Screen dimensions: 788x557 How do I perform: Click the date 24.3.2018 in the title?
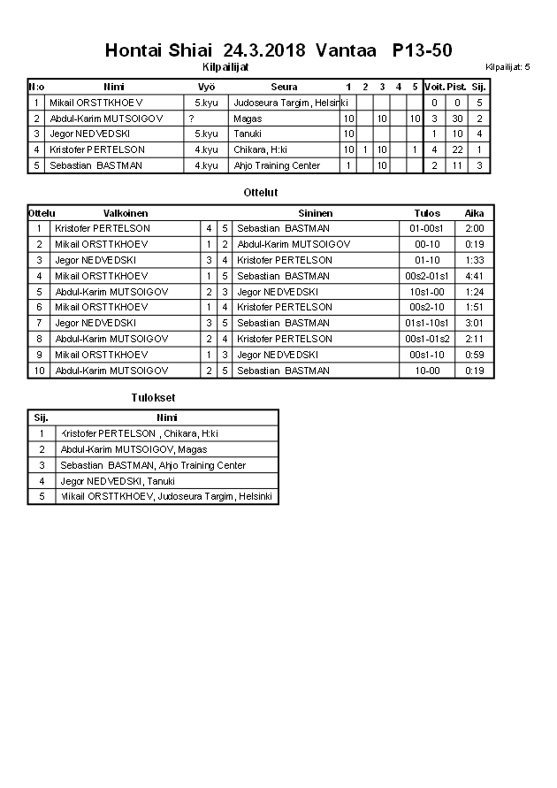coord(264,50)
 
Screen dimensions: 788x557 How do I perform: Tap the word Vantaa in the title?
coord(346,50)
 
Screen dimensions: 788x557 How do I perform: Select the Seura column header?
coord(284,87)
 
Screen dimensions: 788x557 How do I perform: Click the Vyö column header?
coord(206,87)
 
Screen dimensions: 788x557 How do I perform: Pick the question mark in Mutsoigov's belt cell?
coord(191,119)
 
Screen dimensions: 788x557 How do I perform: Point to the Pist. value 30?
coord(457,119)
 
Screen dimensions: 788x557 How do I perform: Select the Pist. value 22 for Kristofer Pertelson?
coord(457,150)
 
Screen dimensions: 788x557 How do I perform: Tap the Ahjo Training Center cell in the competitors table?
coord(277,166)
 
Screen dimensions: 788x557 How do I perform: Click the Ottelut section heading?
coord(260,192)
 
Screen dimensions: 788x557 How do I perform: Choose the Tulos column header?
coord(427,213)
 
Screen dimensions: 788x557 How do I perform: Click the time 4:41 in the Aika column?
coord(475,276)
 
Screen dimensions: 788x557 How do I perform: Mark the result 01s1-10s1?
coord(427,323)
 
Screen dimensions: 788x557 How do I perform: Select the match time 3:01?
coord(475,323)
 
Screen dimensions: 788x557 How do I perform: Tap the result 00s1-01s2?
coord(427,339)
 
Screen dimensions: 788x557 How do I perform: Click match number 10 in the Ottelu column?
coord(39,371)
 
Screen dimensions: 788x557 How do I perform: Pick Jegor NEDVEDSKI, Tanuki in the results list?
coord(104,481)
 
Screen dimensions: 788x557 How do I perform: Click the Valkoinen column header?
coord(126,213)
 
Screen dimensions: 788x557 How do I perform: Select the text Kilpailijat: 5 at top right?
coord(507,67)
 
